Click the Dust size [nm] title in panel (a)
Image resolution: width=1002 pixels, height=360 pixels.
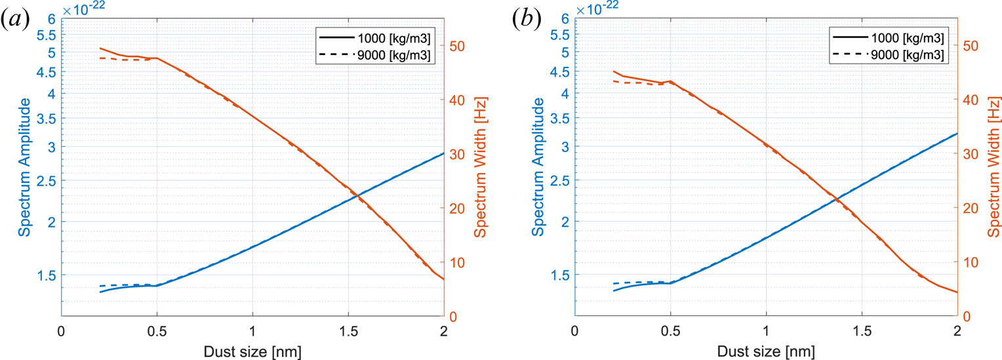click(x=252, y=351)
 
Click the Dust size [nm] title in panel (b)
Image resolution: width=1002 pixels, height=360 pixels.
click(x=766, y=351)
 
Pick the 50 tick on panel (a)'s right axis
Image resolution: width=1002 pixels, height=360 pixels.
click(x=456, y=46)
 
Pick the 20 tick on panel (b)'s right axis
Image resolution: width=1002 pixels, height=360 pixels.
click(x=970, y=208)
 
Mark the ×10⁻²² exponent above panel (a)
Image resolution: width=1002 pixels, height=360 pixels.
click(x=84, y=8)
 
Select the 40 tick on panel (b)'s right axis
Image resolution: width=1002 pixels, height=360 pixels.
click(x=970, y=100)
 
